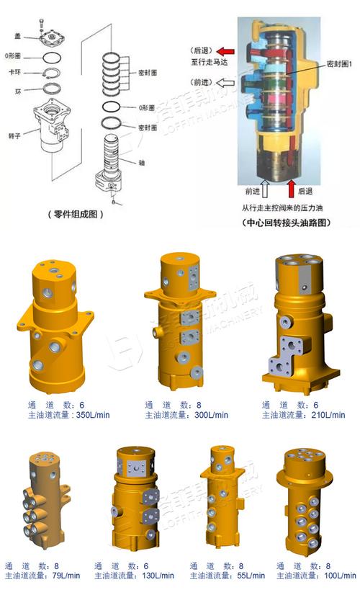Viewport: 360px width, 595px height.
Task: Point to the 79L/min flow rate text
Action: (x=44, y=576)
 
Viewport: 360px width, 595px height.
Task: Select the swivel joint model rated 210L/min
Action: (x=303, y=320)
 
